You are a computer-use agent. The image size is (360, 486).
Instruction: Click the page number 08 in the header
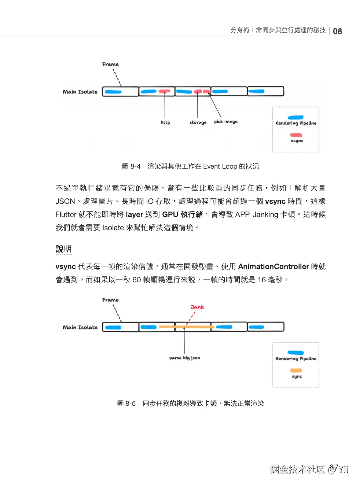pos(337,32)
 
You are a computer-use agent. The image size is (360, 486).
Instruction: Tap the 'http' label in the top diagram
pos(165,122)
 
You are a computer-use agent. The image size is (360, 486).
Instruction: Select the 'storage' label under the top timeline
pos(198,122)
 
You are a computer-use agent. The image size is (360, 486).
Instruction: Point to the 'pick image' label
pos(226,122)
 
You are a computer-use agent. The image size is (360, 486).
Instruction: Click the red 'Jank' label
pos(197,307)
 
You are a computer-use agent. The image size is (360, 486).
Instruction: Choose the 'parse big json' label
pos(185,358)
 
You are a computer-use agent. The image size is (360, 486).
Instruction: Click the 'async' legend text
pos(297,141)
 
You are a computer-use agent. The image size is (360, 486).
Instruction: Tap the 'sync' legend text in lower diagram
pos(297,376)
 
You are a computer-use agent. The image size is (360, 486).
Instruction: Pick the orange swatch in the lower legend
pos(296,371)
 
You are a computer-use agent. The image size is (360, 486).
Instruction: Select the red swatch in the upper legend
pos(296,135)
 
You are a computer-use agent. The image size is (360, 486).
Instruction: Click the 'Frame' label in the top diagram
pos(110,65)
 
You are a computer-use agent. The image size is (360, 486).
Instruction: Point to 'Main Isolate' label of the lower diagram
pos(80,328)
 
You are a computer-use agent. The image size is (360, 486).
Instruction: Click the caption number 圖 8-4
pos(131,166)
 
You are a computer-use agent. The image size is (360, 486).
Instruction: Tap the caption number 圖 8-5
pos(126,404)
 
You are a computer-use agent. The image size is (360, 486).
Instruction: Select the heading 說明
pos(63,249)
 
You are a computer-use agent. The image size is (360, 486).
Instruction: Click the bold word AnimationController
pos(273,266)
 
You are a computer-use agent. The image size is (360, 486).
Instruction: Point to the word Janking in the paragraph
pos(265,214)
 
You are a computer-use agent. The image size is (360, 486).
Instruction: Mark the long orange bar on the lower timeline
pos(186,327)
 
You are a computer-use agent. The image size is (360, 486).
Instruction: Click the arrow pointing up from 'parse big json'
pos(184,341)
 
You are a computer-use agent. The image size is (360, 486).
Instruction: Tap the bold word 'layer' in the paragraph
pos(134,214)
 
